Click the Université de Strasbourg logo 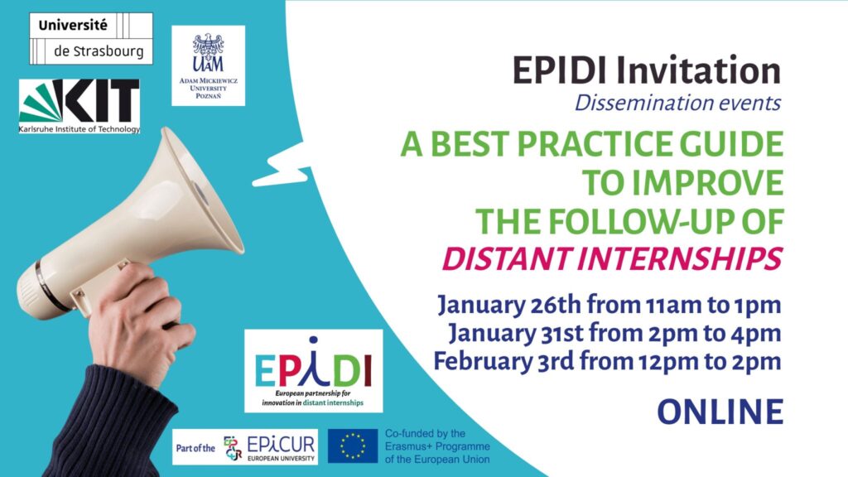(91, 38)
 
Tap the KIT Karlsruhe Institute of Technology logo (79, 106)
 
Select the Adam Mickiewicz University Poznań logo (208, 65)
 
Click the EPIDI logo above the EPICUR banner (314, 371)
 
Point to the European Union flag (353, 446)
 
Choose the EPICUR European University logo (245, 447)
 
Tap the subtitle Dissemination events (677, 102)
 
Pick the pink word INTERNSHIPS (679, 258)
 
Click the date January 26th (508, 305)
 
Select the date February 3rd (503, 361)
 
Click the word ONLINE (720, 412)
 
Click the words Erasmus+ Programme (437, 446)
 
